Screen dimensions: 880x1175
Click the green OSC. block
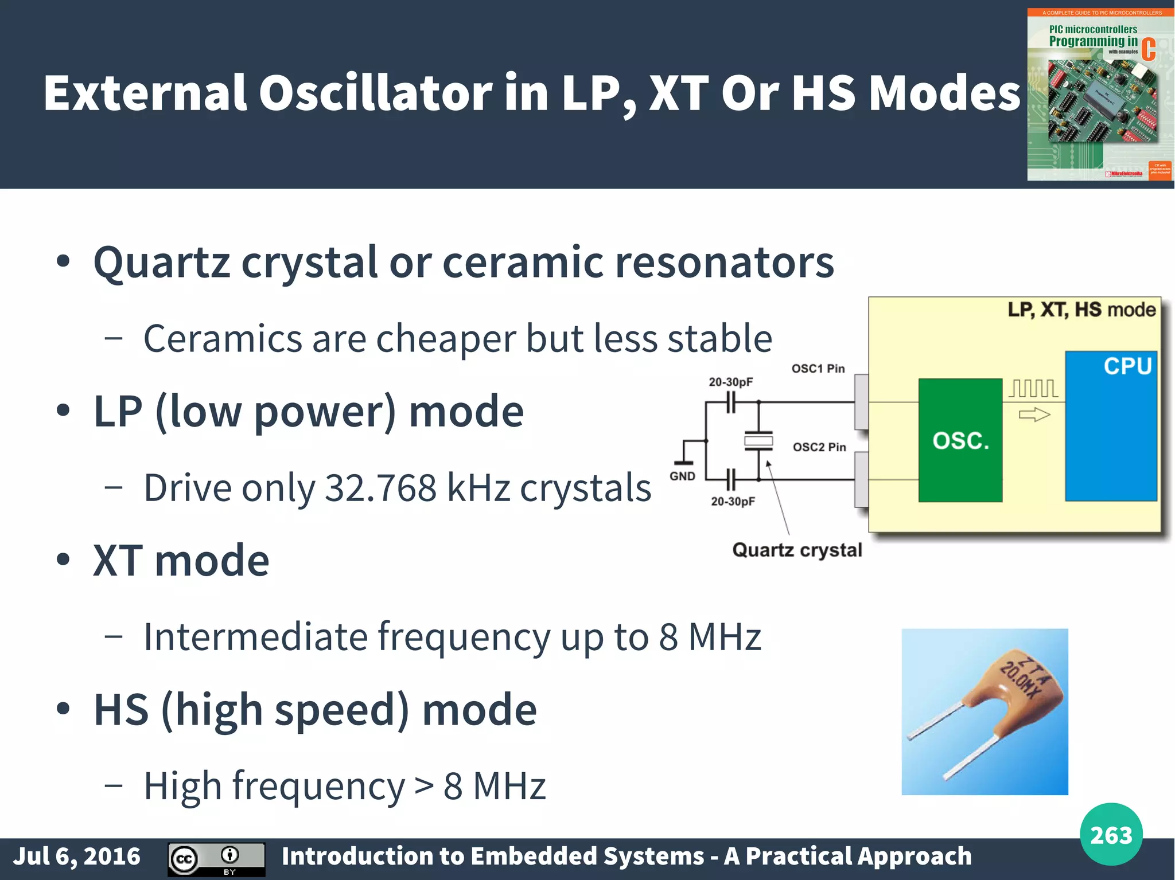(960, 440)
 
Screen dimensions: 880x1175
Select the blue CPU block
(1111, 427)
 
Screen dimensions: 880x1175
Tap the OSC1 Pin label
(818, 369)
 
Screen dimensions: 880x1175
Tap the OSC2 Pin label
(819, 447)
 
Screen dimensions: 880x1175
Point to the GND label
(682, 476)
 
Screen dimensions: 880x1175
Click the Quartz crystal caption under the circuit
(797, 550)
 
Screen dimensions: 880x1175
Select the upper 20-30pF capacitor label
(730, 382)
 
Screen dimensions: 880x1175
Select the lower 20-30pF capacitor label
(733, 502)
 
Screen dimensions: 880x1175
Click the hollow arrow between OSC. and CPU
(1034, 414)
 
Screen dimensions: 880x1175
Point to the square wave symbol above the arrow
(1033, 389)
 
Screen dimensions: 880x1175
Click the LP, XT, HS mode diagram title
(1081, 310)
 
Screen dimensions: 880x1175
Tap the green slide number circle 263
(1111, 835)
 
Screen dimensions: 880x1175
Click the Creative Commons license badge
(216, 859)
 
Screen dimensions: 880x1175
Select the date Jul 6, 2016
(76, 856)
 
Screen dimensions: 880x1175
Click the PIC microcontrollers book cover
(1100, 95)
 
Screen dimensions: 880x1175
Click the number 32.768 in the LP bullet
(380, 488)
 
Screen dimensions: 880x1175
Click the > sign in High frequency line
(424, 786)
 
